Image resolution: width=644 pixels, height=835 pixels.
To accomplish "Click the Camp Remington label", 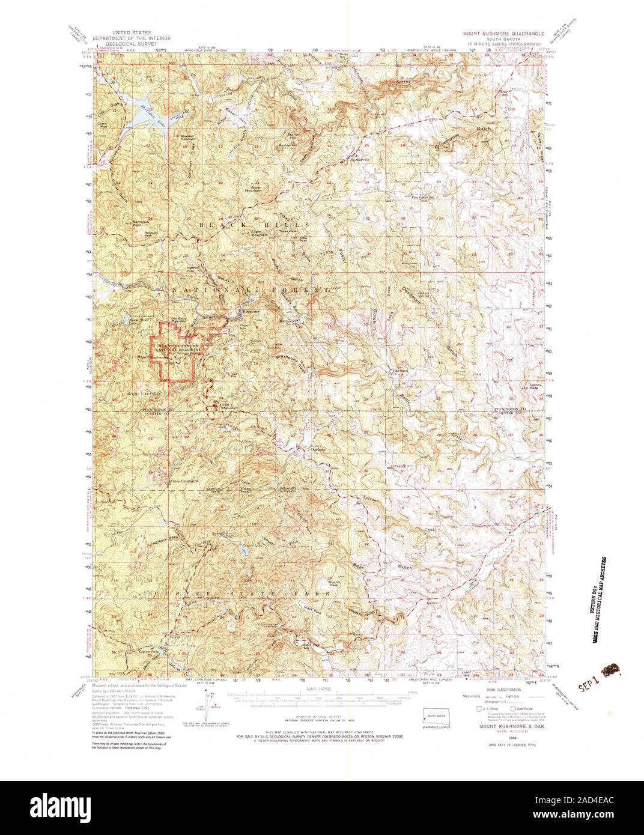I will pyautogui.click(x=183, y=481).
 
